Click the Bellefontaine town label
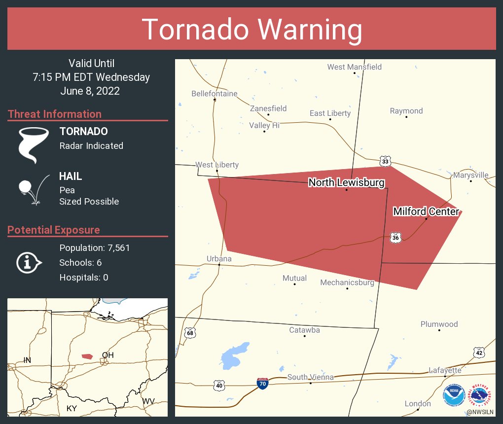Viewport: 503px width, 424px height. (215, 94)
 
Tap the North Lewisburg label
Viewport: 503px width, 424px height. (346, 183)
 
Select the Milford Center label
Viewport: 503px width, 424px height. (426, 212)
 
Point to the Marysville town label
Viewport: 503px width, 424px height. (471, 175)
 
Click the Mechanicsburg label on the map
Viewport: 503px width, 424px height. (347, 283)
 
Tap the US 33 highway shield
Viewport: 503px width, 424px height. (386, 161)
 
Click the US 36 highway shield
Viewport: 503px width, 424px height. (395, 238)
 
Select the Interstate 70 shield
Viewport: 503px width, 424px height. (263, 384)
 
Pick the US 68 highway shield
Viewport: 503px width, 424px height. (190, 333)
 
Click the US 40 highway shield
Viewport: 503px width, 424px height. (219, 385)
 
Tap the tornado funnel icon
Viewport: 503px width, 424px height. (34, 145)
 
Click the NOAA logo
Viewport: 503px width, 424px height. (454, 396)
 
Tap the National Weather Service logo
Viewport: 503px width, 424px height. (480, 396)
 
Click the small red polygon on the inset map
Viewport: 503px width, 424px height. (87, 356)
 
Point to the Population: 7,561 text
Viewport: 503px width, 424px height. (95, 247)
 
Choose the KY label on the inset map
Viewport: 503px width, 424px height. (72, 408)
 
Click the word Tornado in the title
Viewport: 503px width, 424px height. (194, 30)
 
